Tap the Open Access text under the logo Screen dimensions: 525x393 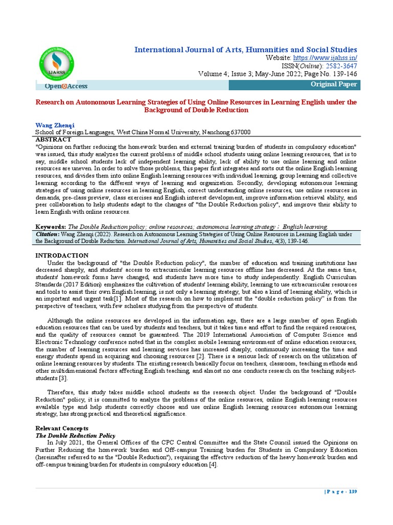[67, 86]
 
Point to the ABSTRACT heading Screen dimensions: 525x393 [53, 139]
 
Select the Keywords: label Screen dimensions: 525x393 [50, 226]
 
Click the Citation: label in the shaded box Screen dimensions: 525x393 [48, 234]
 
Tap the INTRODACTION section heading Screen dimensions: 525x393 [61, 255]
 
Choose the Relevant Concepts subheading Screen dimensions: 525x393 [61, 428]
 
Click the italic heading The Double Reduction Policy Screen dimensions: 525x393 [75, 435]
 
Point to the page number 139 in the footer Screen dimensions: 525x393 [353, 492]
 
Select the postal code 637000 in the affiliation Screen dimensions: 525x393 [239, 132]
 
